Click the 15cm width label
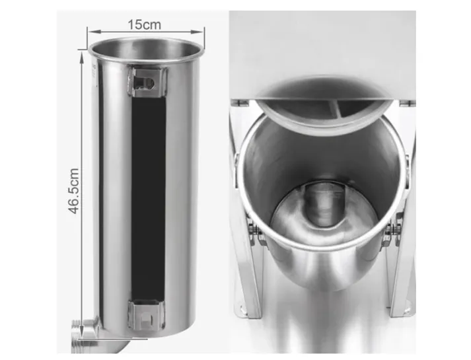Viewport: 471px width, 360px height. click(x=145, y=24)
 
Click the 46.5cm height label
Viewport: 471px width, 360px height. click(x=74, y=191)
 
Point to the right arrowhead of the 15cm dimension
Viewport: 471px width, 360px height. click(x=199, y=31)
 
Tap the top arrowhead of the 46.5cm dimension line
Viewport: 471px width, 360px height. click(x=82, y=55)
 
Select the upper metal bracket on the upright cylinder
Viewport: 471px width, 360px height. click(x=147, y=82)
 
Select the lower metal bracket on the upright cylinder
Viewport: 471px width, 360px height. click(x=147, y=315)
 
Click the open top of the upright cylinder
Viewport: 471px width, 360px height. click(x=146, y=48)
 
